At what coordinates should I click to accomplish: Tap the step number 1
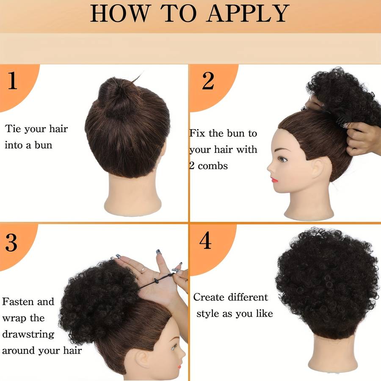tap(12, 81)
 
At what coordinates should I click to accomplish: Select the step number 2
tap(208, 81)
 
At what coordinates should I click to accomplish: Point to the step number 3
tap(11, 243)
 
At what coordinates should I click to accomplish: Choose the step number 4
tap(205, 240)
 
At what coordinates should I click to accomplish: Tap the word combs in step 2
tap(213, 166)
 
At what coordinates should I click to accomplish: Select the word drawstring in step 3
tap(28, 334)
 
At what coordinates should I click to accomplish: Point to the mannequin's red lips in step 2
tap(275, 180)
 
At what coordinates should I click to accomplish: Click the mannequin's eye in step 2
tap(282, 160)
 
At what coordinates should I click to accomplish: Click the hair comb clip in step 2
tap(342, 123)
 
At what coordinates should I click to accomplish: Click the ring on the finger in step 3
tap(143, 270)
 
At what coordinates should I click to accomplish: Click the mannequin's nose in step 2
tap(270, 168)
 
